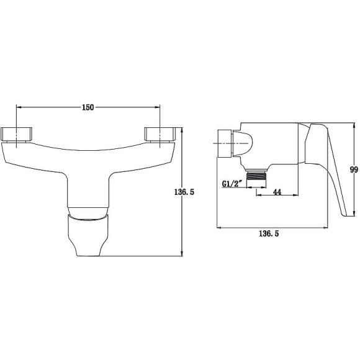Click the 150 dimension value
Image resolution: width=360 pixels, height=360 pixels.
[x=88, y=107]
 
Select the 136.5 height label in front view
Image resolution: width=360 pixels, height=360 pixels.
[x=184, y=192]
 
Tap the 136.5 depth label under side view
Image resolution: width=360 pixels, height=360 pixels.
[x=269, y=234]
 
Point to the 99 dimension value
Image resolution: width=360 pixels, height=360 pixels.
[x=354, y=169]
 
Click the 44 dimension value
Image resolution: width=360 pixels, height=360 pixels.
[x=277, y=192]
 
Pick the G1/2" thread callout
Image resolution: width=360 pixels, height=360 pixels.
[x=232, y=184]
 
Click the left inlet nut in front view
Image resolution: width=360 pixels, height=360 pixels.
[x=16, y=134]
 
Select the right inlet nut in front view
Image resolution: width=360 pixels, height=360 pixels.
[x=160, y=134]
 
